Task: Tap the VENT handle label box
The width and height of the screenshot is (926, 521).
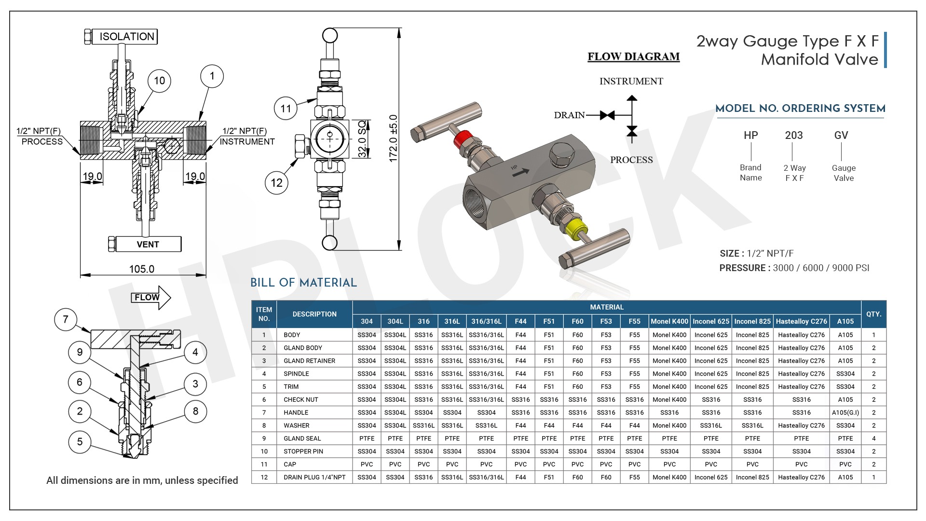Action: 148,244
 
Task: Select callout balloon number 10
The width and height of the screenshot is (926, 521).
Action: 160,81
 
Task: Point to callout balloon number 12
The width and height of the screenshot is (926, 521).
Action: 277,183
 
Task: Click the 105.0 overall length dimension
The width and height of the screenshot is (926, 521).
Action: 142,269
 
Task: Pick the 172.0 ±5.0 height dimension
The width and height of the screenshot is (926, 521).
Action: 394,138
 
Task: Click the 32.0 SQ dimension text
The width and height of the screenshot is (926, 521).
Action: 363,139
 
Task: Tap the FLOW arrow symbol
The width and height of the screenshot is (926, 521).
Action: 151,298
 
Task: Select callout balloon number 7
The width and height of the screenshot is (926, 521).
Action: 66,319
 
